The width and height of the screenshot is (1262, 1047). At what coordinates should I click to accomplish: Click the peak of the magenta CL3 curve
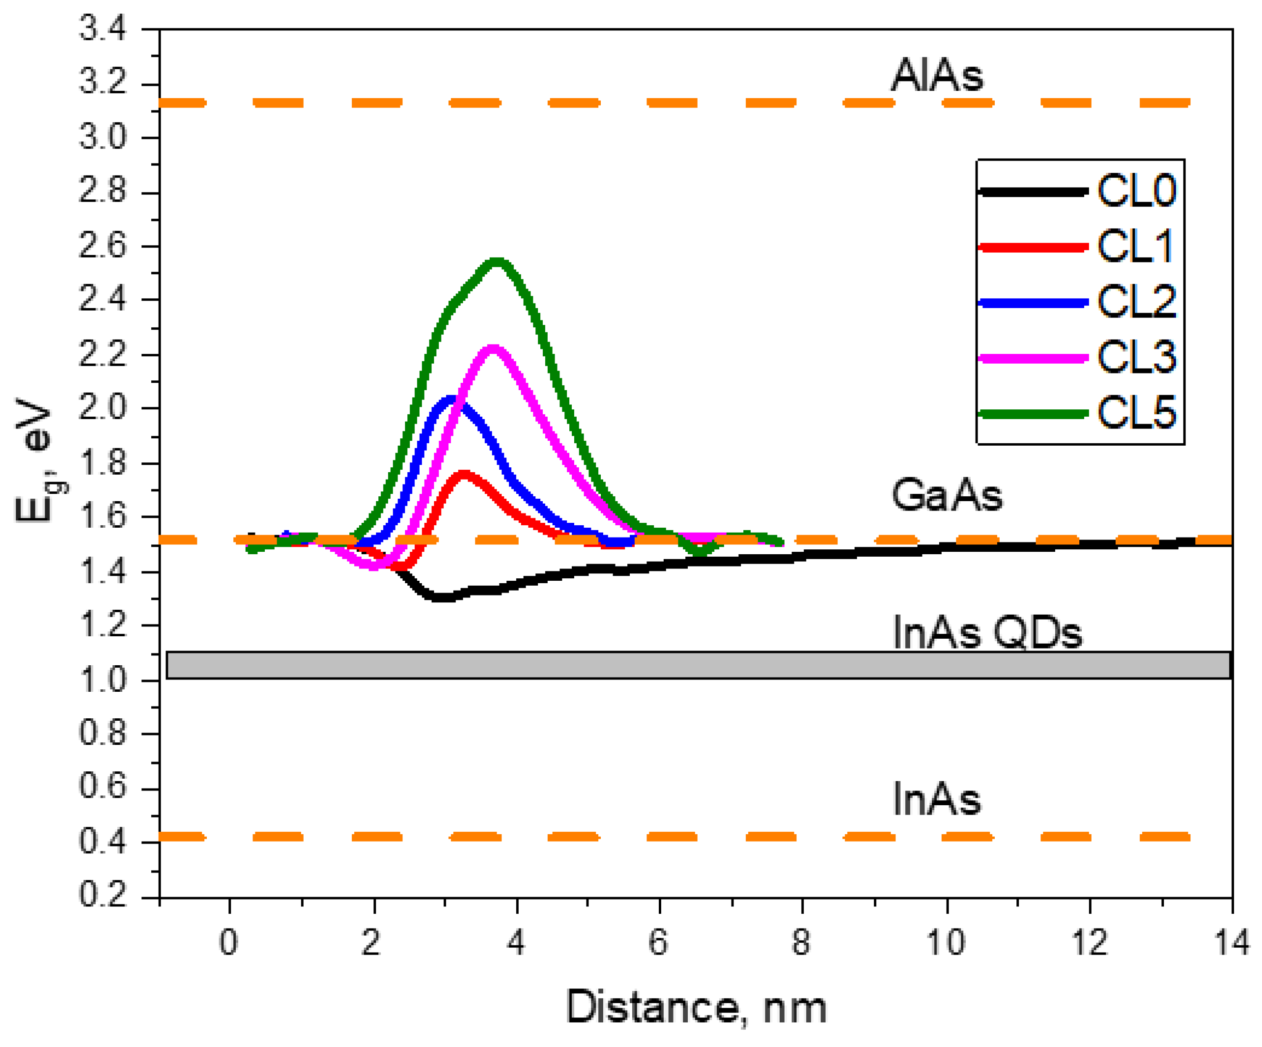493,349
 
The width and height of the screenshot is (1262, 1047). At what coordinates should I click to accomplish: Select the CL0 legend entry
1136,191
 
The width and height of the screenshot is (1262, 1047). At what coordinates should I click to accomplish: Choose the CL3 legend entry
1136,358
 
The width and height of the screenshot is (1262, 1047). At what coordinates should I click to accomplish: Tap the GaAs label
947,495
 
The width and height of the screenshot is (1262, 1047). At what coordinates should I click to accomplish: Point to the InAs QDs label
987,633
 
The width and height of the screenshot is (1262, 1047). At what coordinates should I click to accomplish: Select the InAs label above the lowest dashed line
936,799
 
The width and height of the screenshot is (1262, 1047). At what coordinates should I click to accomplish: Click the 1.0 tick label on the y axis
103,680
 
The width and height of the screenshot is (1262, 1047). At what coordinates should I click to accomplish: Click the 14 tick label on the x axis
1232,942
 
